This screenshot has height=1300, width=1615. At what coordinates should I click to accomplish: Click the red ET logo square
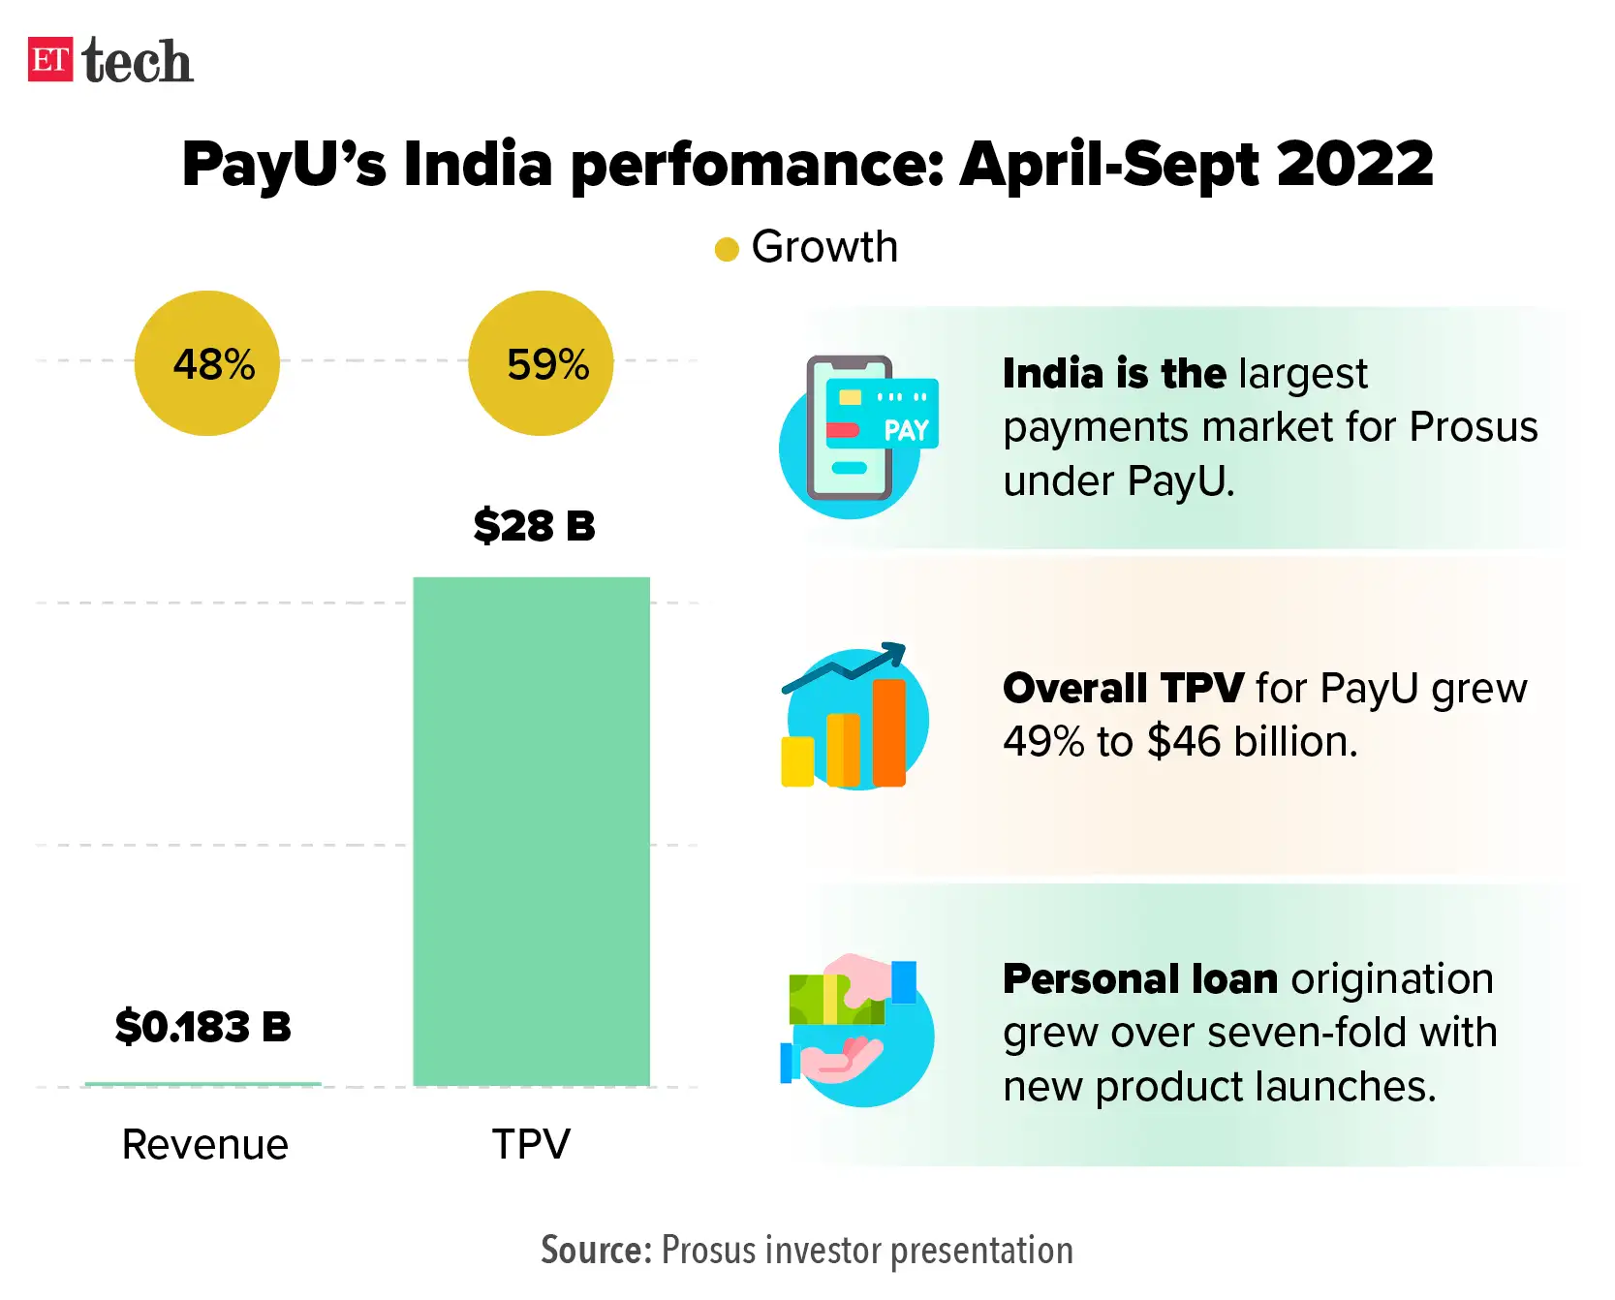point(50,60)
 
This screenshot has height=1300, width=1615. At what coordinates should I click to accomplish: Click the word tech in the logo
point(138,62)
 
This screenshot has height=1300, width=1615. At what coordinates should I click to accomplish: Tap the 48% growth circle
point(207,363)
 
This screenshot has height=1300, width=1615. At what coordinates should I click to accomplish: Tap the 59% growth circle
point(541,363)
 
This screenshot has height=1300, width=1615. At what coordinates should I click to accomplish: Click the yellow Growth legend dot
point(727,250)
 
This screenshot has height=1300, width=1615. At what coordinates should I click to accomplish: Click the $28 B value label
point(534,526)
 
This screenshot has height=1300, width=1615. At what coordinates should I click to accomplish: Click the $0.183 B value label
point(202,1027)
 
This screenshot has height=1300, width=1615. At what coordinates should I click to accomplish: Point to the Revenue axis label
point(204,1145)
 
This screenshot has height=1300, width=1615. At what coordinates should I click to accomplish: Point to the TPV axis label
point(531,1144)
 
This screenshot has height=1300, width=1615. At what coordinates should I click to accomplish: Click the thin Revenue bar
point(202,1083)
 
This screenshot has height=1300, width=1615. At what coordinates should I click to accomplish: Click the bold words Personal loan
point(1140,979)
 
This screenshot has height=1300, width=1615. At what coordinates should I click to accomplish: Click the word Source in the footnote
point(594,1251)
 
